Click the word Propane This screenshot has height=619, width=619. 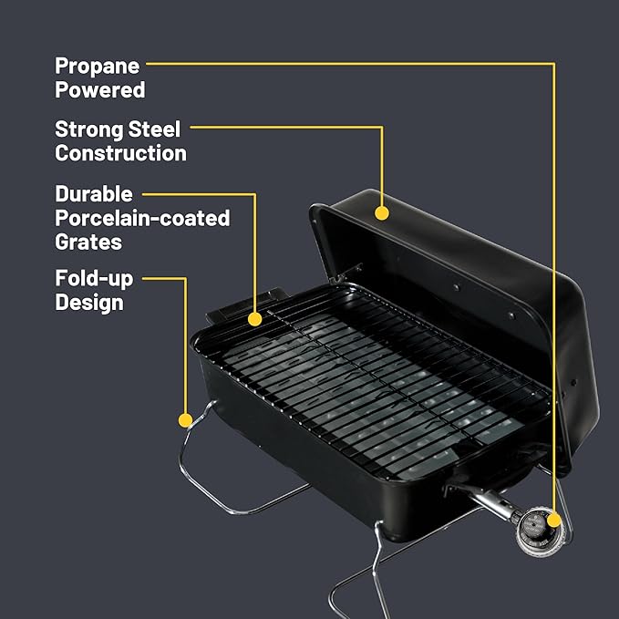pyautogui.click(x=96, y=66)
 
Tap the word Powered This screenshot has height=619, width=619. pyautogui.click(x=99, y=89)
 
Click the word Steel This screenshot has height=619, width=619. pyautogui.click(x=155, y=129)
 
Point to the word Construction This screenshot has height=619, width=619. pyautogui.click(x=120, y=153)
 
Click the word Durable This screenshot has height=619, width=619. pyautogui.click(x=94, y=194)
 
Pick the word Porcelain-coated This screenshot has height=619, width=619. pyautogui.click(x=142, y=219)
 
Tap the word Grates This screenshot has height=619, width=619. pyautogui.click(x=88, y=242)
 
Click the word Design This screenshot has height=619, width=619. pyautogui.click(x=88, y=302)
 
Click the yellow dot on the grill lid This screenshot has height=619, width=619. pyautogui.click(x=382, y=213)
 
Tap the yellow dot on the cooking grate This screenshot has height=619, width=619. pyautogui.click(x=255, y=319)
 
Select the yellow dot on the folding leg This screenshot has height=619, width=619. pyautogui.click(x=185, y=420)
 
